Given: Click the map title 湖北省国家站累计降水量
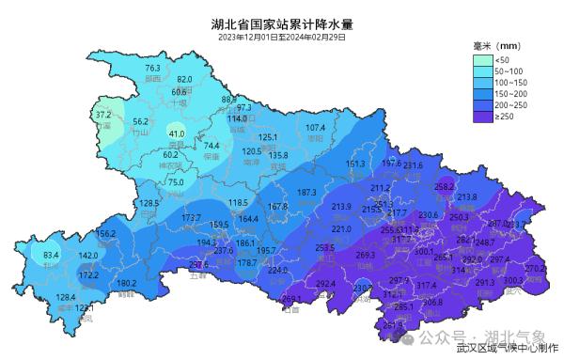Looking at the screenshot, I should [x=281, y=23].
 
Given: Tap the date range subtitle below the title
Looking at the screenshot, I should [x=281, y=38].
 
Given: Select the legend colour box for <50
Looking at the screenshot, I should [x=481, y=60].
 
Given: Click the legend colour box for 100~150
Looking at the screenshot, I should [x=481, y=84].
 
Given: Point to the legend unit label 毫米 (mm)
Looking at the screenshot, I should [x=496, y=45].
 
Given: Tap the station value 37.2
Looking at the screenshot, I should [x=103, y=115].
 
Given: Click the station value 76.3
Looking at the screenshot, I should [x=153, y=69].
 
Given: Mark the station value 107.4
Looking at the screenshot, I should [x=315, y=128].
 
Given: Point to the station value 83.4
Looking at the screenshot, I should [x=51, y=255].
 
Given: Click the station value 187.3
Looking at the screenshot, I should [x=306, y=193].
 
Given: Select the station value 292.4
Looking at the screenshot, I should [x=326, y=284].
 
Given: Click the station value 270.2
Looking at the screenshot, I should [x=535, y=269].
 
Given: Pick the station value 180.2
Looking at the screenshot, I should [x=126, y=283].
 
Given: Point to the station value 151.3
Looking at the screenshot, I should [x=356, y=164].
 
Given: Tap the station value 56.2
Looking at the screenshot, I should [x=141, y=122].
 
